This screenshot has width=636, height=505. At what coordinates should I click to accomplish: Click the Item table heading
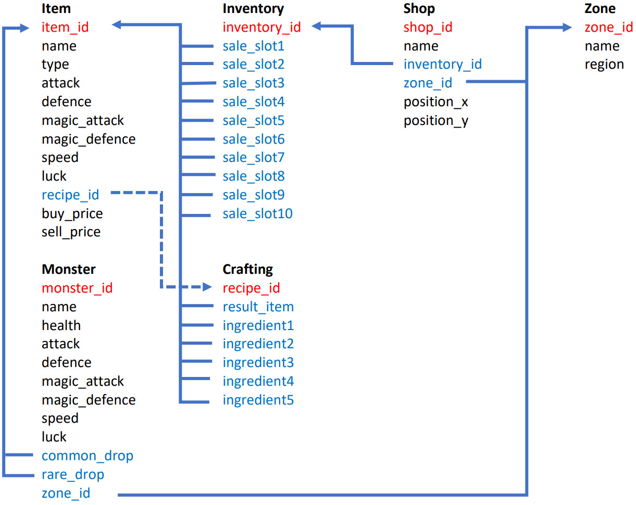point(56,9)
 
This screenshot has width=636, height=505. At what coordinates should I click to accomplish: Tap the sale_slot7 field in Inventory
point(254,158)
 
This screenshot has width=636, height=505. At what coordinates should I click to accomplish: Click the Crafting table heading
point(248,269)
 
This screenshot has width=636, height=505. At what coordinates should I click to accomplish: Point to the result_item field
point(258,307)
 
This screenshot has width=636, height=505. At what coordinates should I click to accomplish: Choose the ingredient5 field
point(258,400)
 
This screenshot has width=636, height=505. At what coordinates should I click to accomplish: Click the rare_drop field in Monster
point(73,474)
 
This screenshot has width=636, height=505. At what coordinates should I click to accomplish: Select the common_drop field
point(88,456)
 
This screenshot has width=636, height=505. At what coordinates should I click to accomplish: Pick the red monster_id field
point(77,288)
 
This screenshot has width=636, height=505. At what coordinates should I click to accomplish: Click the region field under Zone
point(604,65)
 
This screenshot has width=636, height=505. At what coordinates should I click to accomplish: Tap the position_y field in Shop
point(436,121)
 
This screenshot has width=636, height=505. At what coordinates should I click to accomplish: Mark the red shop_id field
point(428,27)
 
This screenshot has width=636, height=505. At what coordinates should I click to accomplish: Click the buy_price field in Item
point(72,213)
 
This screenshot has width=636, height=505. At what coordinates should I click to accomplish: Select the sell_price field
point(71,232)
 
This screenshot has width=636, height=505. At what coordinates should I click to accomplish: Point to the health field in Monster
point(61,325)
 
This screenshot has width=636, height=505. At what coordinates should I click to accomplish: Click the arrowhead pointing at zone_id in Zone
point(568,28)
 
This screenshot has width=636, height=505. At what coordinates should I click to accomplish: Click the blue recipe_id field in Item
point(70,195)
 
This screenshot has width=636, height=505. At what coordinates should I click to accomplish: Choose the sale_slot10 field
point(258,213)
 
